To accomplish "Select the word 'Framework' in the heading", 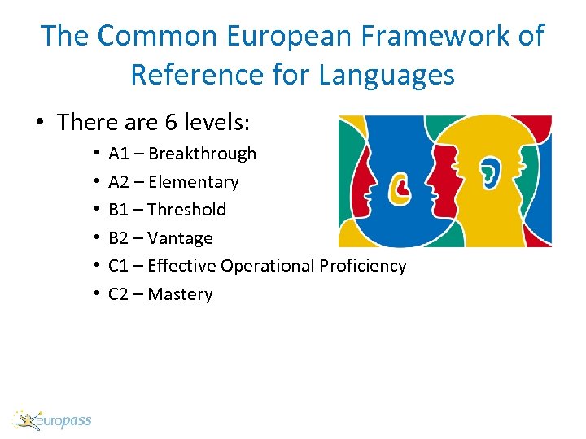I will [435, 36].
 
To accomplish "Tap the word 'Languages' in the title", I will [387, 75].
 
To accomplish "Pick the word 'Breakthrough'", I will [203, 154].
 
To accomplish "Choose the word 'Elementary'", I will [194, 182].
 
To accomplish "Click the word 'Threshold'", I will [187, 210].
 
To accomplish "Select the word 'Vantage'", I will [181, 238].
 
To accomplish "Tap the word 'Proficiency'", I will [363, 266].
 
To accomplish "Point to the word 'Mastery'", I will [181, 294].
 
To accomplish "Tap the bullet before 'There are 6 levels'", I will [39, 124].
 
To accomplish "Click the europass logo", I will [53, 420].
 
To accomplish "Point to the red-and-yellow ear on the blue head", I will [400, 189].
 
